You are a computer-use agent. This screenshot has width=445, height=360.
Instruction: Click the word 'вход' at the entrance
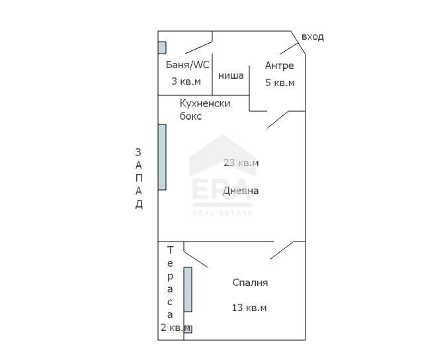pyautogui.click(x=312, y=37)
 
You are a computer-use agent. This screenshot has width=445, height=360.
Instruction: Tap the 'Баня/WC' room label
pyautogui.click(x=187, y=65)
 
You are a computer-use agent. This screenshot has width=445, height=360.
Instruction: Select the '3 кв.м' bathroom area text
pyautogui.click(x=186, y=81)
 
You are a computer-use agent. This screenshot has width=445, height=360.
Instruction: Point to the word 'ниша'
pyautogui.click(x=231, y=75)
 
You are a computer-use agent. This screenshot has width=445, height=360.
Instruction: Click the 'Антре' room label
pyautogui.click(x=279, y=66)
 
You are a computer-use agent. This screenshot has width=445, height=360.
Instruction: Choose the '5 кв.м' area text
pyautogui.click(x=280, y=83)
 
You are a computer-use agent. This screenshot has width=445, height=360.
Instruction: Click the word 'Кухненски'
pyautogui.click(x=205, y=103)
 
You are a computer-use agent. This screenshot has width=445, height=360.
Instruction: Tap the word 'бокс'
pyautogui.click(x=190, y=116)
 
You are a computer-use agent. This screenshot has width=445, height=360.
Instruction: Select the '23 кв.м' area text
pyautogui.click(x=241, y=163)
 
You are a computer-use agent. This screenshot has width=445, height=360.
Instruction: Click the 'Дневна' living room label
pyautogui.click(x=241, y=191)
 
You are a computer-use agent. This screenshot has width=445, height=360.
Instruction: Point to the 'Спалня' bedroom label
pyautogui.click(x=250, y=283)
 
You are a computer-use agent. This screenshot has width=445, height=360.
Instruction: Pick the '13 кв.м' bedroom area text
pyautogui.click(x=249, y=308)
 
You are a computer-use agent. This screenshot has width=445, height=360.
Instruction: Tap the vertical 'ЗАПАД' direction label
pyautogui.click(x=139, y=177)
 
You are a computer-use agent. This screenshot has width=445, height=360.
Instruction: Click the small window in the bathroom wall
pyautogui.click(x=161, y=48)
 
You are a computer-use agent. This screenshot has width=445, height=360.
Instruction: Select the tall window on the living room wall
pyautogui.click(x=161, y=157)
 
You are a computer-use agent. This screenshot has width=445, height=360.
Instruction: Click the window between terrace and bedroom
pyautogui.click(x=188, y=289)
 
